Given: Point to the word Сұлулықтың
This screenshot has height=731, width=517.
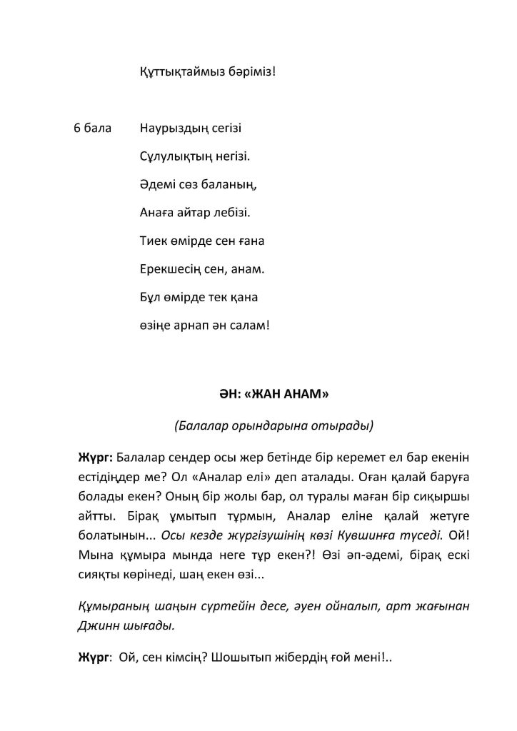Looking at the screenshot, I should (172, 156).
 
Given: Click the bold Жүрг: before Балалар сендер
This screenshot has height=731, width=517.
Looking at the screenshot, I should (94, 456).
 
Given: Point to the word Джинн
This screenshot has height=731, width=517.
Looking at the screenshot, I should (96, 624).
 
